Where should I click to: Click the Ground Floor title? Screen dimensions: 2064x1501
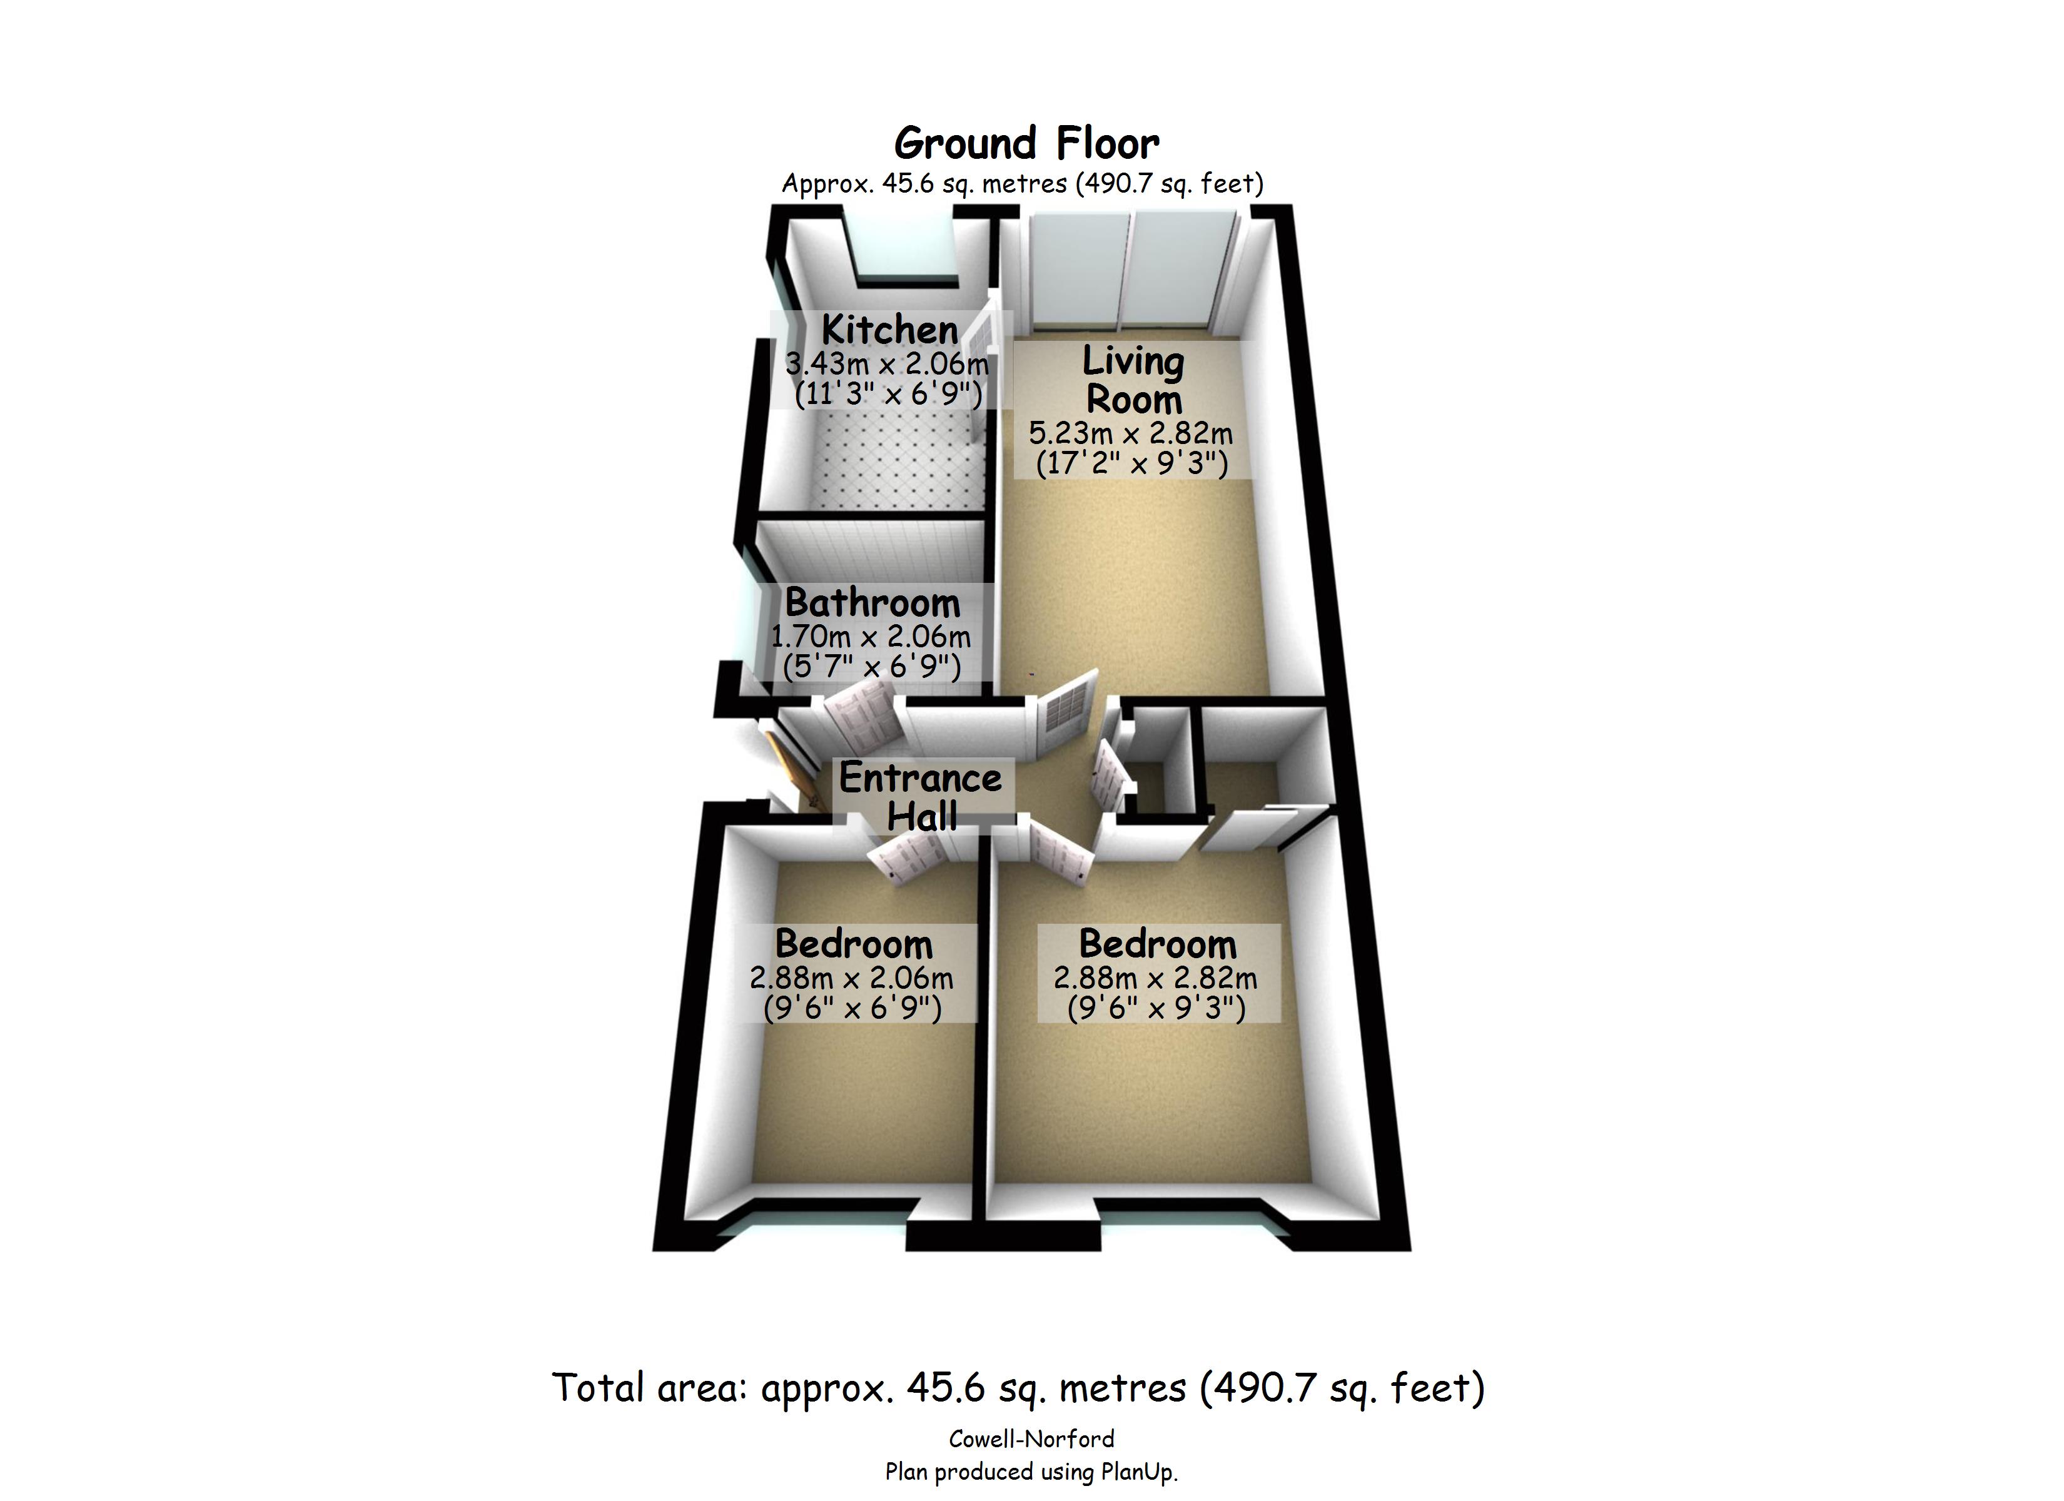pos(1026,143)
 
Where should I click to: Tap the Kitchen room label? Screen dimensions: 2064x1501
pos(889,330)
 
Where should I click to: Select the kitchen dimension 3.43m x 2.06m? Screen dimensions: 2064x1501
pos(886,364)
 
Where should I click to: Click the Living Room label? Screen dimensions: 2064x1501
pos(1133,380)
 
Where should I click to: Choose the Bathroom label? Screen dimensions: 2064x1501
pos(872,602)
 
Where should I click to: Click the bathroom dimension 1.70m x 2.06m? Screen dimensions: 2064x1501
pos(871,636)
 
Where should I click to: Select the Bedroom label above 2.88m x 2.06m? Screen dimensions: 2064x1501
pos(854,944)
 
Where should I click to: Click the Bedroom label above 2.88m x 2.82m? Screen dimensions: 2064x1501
pos(1158,944)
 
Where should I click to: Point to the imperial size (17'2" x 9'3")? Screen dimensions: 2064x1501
pos(1132,463)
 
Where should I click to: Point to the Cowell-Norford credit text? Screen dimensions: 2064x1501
pos(1031,1439)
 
